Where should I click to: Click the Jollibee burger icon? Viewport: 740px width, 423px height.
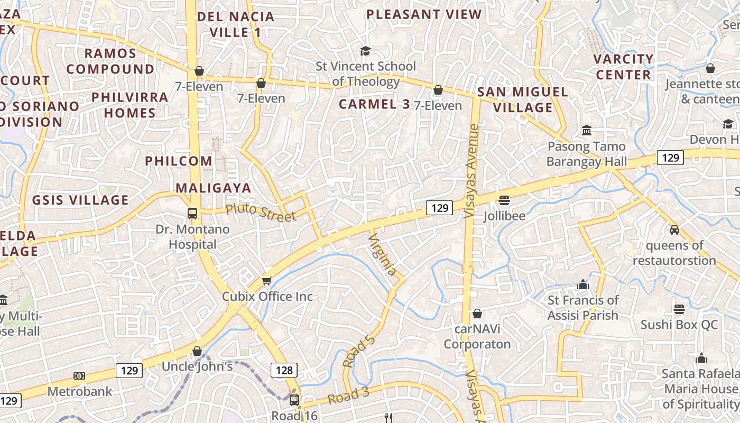504,200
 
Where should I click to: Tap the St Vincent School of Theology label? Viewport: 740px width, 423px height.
366,74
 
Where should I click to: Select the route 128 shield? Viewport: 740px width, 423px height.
284,370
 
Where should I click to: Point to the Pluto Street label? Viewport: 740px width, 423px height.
261,213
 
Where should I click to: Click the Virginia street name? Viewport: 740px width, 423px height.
382,254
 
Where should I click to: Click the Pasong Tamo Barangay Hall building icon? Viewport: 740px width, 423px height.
586,130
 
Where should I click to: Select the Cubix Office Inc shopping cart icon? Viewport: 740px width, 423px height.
267,281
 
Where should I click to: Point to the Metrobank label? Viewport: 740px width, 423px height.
80,391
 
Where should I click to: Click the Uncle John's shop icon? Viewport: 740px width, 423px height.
197,351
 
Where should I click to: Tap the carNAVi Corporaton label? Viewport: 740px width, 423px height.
477,337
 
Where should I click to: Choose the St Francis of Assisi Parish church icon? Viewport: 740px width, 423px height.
583,284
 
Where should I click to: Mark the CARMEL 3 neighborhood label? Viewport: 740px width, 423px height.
374,104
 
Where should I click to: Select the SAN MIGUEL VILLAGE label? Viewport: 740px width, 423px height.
522,99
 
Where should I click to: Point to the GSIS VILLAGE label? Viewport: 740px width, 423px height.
80,200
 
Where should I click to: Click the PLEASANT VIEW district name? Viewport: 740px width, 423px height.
424,14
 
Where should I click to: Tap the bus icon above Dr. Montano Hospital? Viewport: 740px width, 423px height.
192,214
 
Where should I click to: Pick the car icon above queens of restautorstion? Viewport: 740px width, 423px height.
674,229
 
